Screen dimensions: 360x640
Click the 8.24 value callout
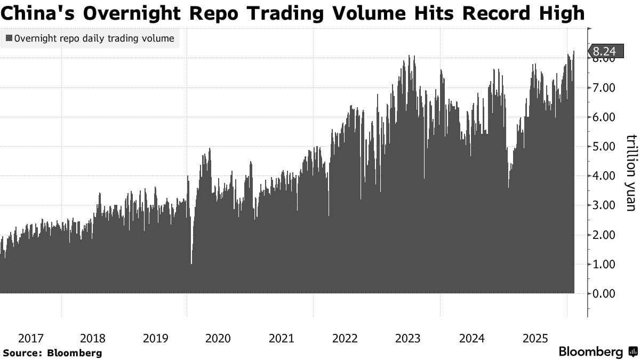(x=604, y=51)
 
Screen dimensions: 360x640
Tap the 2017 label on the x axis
(x=30, y=338)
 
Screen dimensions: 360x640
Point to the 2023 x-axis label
(x=408, y=338)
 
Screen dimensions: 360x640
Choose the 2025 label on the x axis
(x=535, y=338)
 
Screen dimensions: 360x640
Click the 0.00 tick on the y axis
(x=604, y=293)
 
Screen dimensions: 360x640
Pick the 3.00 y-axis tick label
(x=604, y=205)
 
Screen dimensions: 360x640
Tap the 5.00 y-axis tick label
(x=604, y=147)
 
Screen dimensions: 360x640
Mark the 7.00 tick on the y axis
(x=604, y=88)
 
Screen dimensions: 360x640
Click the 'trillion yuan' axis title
(x=631, y=172)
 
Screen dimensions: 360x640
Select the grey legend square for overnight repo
(x=9, y=38)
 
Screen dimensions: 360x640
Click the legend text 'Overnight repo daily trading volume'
(x=94, y=38)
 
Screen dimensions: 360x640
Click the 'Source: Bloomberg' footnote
(x=52, y=353)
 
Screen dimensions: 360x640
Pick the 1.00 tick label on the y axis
(x=604, y=264)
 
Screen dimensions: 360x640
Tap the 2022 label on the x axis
(x=345, y=338)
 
